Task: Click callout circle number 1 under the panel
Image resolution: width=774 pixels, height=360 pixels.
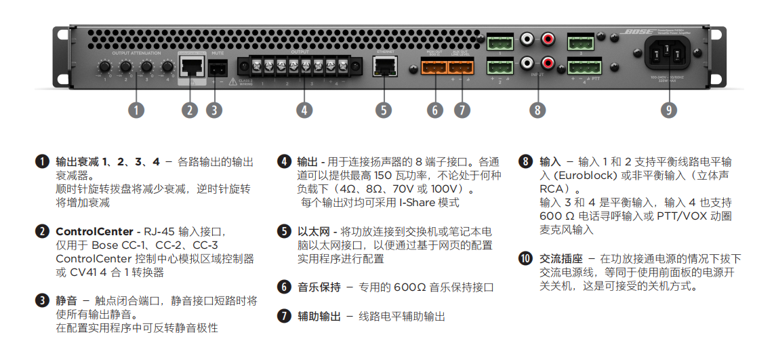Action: [x=136, y=110]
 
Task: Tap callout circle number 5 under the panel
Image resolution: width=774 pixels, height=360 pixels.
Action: [x=384, y=110]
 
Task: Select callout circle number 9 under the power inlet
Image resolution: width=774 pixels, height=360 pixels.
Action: [x=669, y=110]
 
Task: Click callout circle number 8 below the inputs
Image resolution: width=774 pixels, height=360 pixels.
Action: [x=537, y=110]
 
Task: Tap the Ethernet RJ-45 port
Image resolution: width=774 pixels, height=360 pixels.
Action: [x=384, y=66]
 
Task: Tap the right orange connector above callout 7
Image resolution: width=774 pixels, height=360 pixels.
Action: [x=461, y=66]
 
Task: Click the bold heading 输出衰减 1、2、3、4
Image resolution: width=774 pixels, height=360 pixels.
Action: [x=108, y=162]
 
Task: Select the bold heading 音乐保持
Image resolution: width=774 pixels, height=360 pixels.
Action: [x=319, y=287]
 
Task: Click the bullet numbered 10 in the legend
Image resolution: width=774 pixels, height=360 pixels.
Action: [x=526, y=259]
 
